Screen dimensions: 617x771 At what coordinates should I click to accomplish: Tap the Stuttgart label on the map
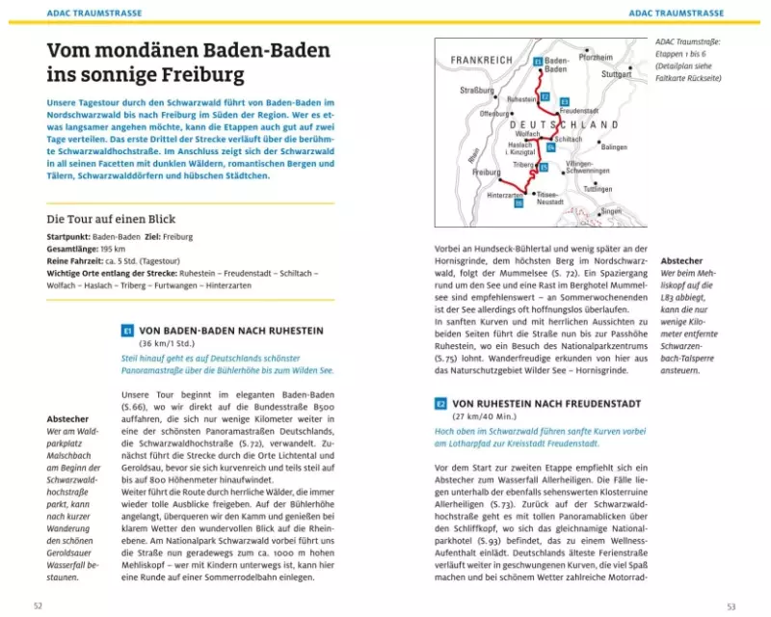[x=615, y=73]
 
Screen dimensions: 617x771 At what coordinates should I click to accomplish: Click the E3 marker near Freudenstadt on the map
[x=564, y=101]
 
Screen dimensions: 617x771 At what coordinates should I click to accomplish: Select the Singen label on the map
[x=611, y=210]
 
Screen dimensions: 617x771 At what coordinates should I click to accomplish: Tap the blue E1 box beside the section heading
[x=126, y=331]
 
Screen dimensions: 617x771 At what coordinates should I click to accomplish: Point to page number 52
[x=39, y=605]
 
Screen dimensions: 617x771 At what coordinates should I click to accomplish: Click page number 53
[x=731, y=605]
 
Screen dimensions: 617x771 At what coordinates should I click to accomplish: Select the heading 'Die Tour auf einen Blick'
[x=111, y=219]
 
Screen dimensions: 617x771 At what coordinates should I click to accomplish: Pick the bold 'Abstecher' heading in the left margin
[x=67, y=419]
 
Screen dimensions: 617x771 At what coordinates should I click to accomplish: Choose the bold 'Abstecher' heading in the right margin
[x=681, y=260]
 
